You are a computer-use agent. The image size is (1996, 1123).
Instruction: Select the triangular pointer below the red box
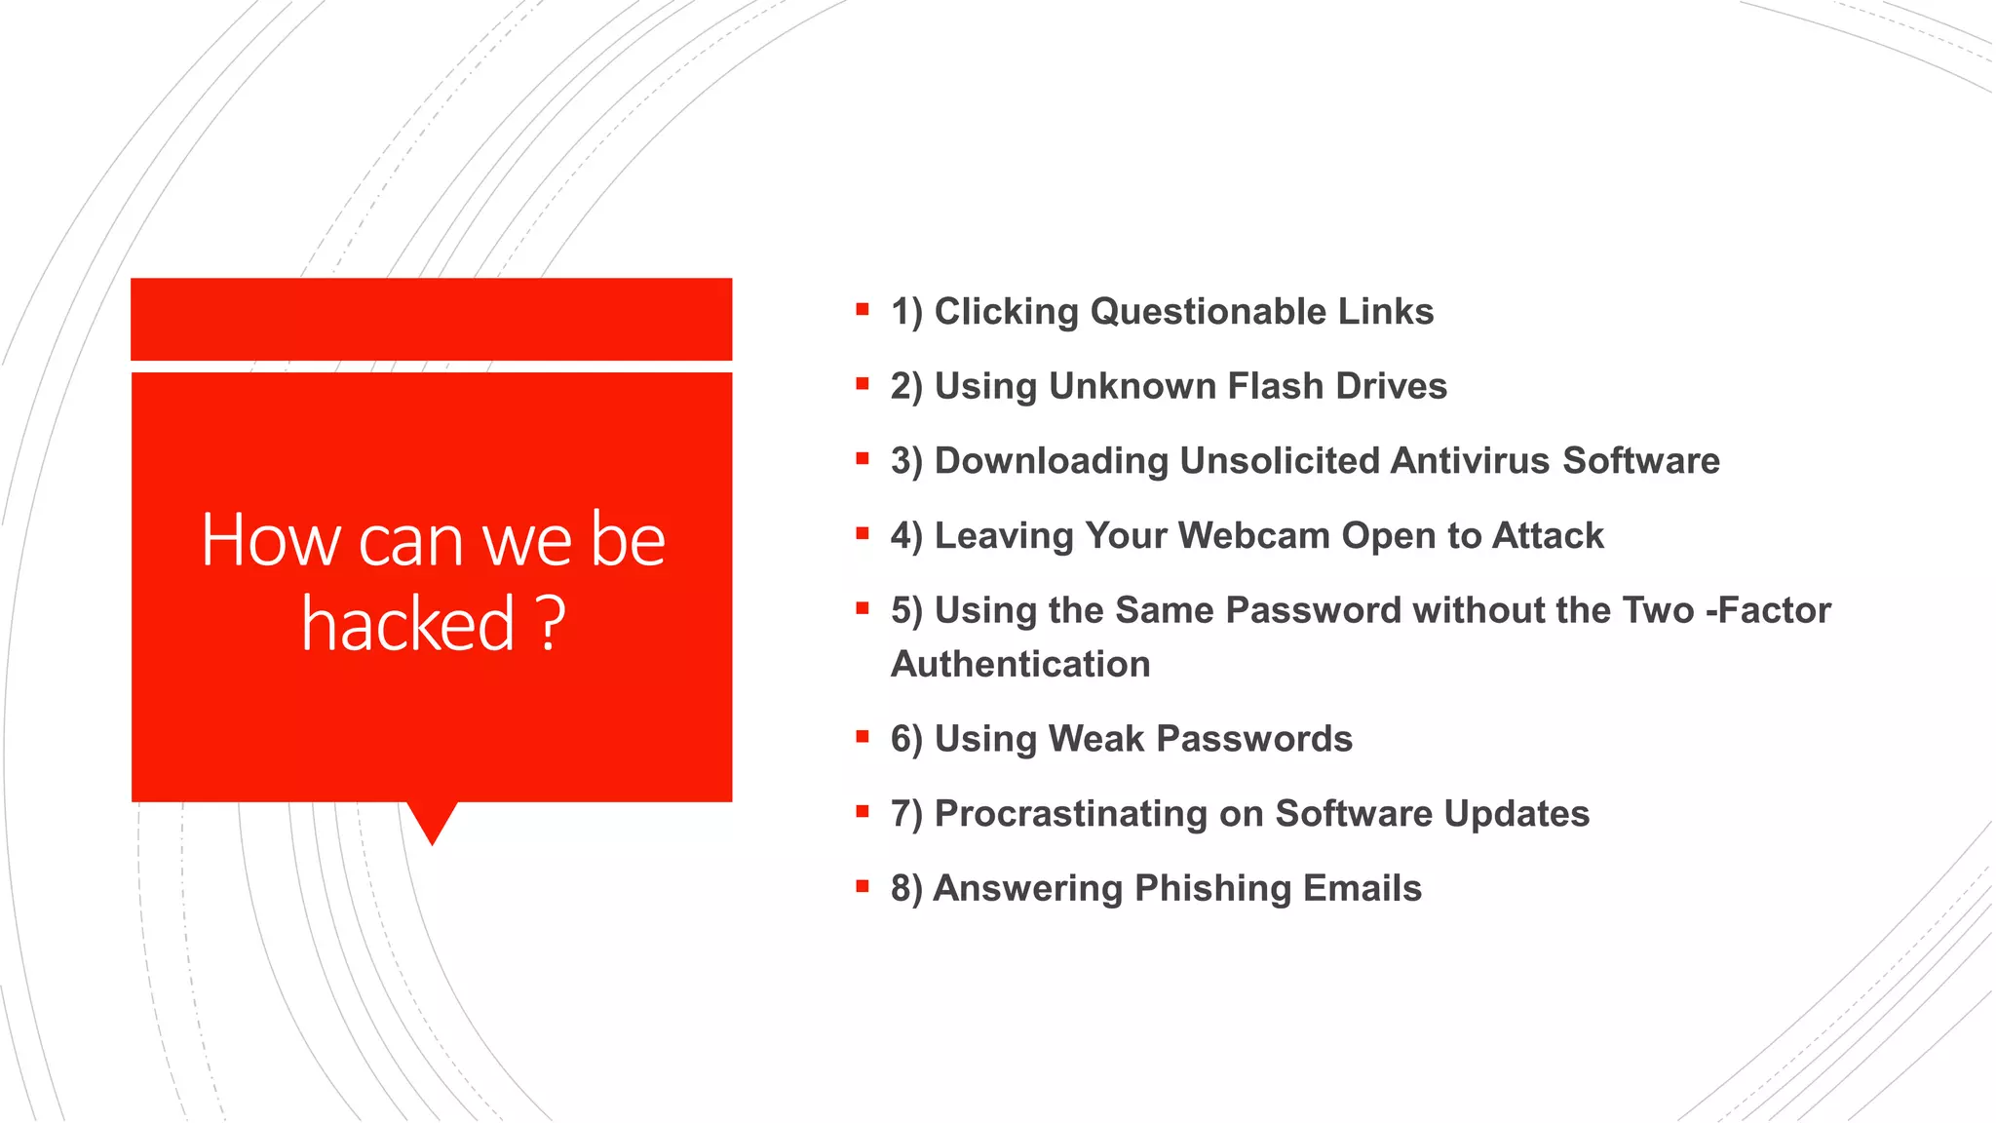pos(432,821)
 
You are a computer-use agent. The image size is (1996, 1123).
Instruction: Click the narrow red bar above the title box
pos(431,319)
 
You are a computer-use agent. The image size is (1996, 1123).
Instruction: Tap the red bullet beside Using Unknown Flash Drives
pos(863,385)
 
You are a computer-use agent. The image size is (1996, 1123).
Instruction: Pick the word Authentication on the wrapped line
pos(1020,665)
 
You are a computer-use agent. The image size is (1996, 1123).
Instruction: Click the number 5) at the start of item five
pos(906,611)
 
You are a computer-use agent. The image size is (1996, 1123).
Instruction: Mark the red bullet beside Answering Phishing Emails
pos(863,887)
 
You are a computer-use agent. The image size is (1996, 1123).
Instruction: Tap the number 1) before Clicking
pos(906,312)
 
